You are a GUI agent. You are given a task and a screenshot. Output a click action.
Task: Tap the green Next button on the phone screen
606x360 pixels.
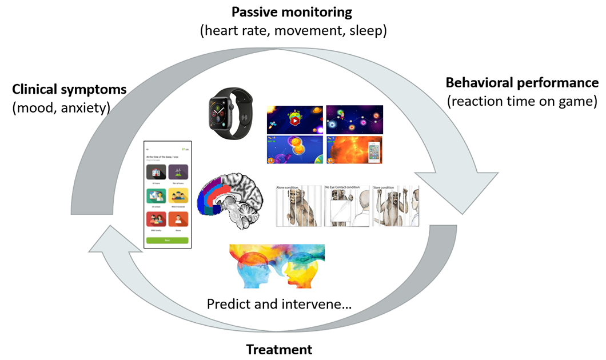pyautogui.click(x=167, y=241)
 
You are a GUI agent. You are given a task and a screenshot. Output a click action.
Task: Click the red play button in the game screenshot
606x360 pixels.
pyautogui.click(x=294, y=120)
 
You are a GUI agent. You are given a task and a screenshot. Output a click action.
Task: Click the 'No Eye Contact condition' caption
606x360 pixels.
pyautogui.click(x=346, y=187)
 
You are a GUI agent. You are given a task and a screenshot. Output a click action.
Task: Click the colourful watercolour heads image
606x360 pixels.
pyautogui.click(x=277, y=266)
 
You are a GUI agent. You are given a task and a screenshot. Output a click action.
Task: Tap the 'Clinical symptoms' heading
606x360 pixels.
pyautogui.click(x=69, y=90)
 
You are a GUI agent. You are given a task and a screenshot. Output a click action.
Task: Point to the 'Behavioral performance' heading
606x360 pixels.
pyautogui.click(x=522, y=83)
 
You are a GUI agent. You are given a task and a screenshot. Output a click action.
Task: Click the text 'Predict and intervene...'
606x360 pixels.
pyautogui.click(x=279, y=303)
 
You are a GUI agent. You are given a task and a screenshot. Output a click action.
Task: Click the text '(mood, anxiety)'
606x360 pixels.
pyautogui.click(x=61, y=107)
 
